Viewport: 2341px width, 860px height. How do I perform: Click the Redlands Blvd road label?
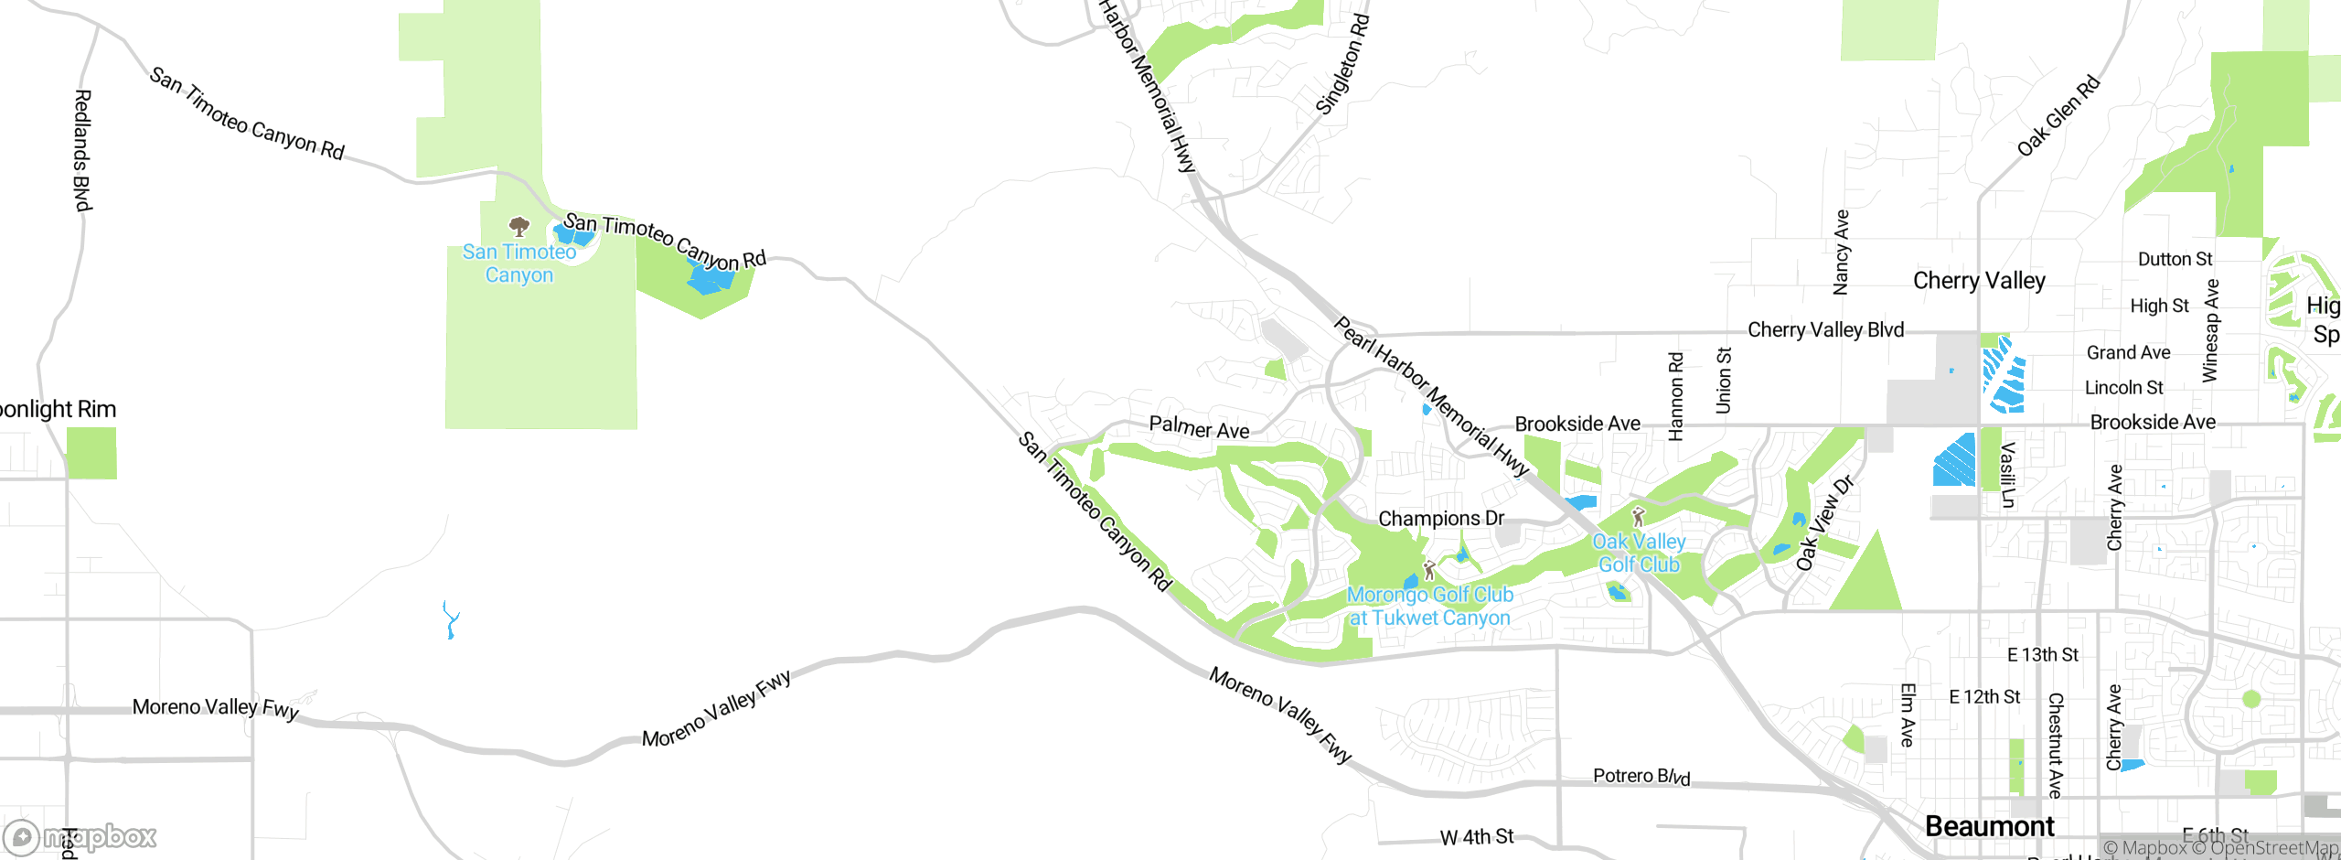tap(82, 150)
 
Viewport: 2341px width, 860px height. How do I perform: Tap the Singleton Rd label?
tap(1342, 64)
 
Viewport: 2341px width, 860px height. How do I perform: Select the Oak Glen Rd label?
tap(2058, 116)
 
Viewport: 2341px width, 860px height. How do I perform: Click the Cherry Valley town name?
tap(1979, 281)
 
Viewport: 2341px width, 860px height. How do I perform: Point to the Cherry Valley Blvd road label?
tap(1825, 329)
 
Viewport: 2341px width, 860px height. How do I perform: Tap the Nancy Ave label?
tap(1841, 252)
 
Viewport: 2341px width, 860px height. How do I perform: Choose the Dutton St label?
tap(2175, 260)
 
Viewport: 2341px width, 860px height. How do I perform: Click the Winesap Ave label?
tap(2210, 330)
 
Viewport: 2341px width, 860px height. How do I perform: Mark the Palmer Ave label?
tap(1199, 427)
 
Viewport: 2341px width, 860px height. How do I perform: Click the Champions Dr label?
tap(1440, 519)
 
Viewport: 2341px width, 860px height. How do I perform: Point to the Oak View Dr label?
tap(1823, 523)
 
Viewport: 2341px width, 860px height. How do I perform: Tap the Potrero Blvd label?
tap(1641, 777)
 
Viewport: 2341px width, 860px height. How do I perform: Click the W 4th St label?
tap(1477, 837)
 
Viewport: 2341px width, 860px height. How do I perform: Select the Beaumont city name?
tap(1989, 827)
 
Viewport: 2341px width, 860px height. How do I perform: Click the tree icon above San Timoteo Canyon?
tap(519, 226)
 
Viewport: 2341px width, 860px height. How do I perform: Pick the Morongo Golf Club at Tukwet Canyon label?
tap(1430, 606)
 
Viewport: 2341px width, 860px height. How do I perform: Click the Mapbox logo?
tap(80, 837)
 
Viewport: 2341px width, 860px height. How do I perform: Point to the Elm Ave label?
tap(1907, 715)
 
